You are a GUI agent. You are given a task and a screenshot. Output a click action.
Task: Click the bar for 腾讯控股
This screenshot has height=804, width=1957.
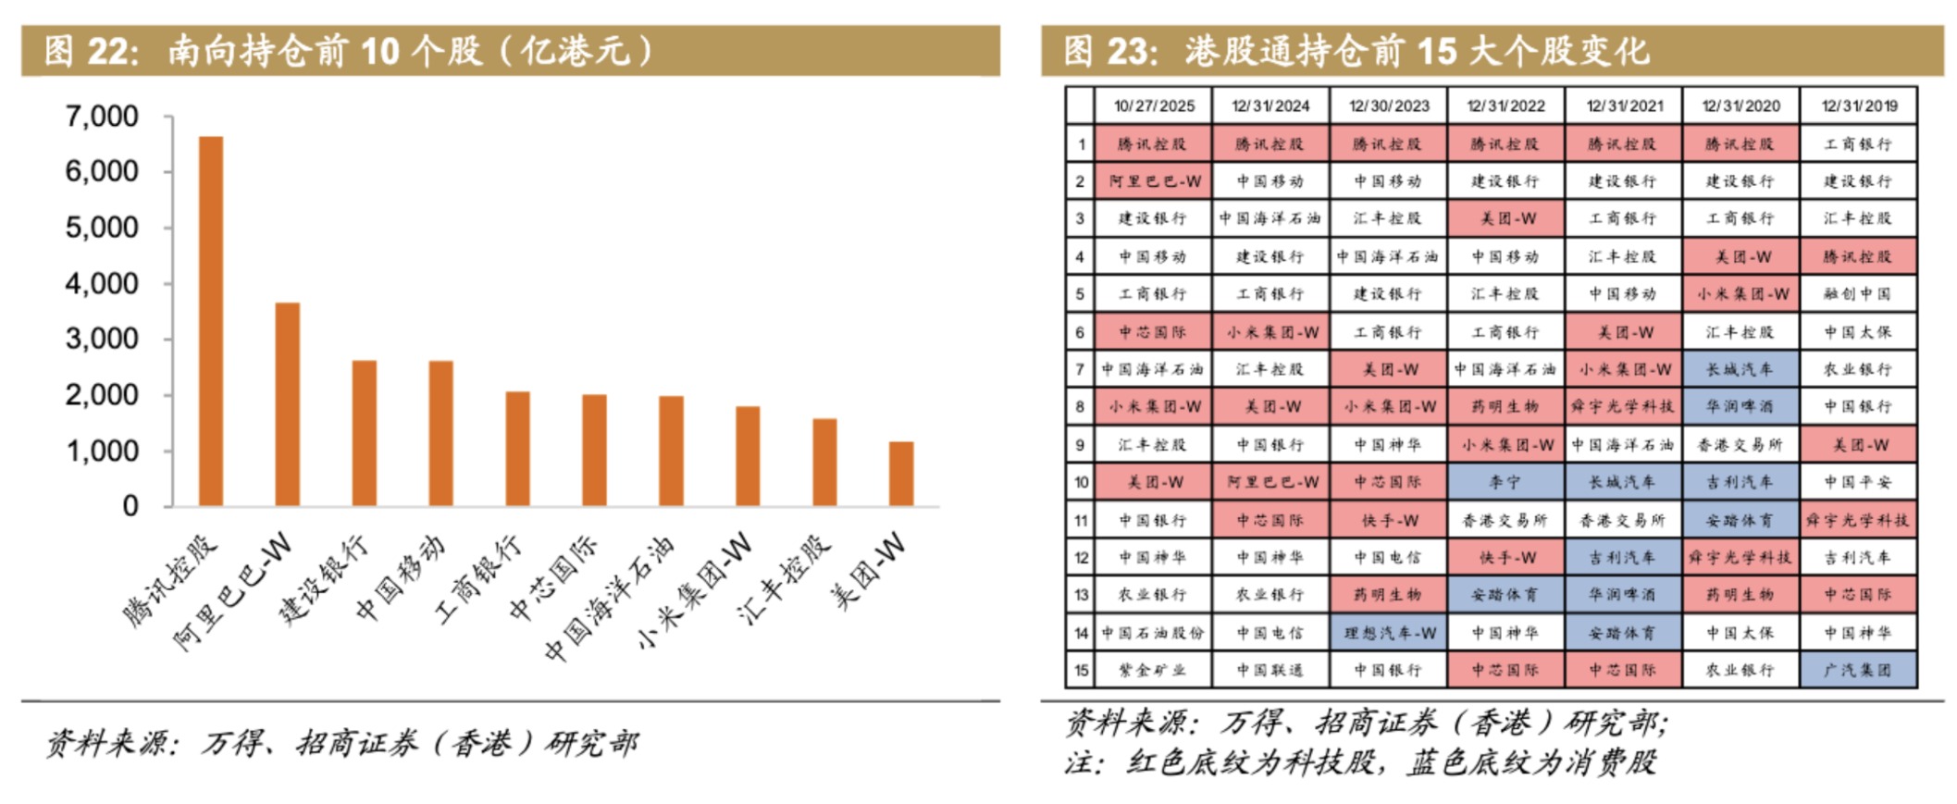point(211,321)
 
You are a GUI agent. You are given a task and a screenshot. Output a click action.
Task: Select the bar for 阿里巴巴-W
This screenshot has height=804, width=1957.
point(288,404)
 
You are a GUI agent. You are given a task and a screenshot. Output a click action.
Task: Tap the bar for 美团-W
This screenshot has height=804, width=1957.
point(901,474)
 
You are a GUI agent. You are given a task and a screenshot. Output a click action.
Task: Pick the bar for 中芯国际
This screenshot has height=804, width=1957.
point(594,451)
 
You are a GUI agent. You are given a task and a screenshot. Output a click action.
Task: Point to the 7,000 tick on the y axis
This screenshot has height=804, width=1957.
point(102,117)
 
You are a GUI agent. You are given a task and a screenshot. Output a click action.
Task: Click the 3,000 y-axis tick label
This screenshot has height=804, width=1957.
point(102,339)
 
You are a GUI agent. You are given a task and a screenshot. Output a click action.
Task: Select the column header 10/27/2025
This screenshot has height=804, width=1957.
point(1153,106)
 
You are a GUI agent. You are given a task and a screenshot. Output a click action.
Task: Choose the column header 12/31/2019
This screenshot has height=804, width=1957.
point(1858,106)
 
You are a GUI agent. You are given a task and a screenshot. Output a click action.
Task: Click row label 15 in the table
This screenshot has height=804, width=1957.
point(1080,670)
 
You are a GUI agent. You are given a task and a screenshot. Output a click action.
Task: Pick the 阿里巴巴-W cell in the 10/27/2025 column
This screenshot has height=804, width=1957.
point(1153,181)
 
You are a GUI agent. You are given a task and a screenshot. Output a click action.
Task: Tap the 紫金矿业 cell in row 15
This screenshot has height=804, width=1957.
point(1153,670)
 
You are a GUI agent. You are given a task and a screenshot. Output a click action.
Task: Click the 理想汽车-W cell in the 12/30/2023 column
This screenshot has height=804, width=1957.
point(1388,633)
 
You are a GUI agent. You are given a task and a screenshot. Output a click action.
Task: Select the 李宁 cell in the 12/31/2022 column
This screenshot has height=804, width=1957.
point(1505,482)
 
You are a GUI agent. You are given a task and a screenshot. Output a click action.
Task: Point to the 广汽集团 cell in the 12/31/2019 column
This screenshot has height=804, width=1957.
point(1858,670)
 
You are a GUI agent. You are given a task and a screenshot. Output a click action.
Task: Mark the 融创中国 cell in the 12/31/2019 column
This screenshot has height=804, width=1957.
point(1858,294)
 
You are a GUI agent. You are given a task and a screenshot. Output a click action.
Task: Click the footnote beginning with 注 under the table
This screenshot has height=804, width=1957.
point(1360,763)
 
